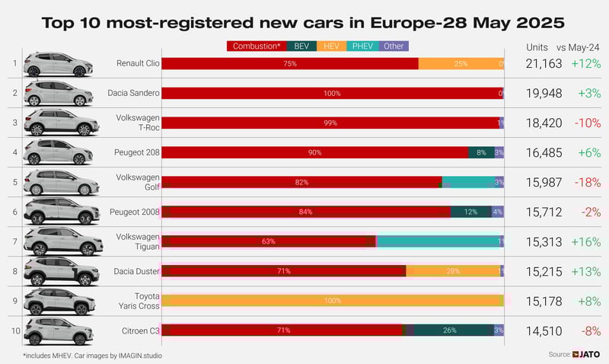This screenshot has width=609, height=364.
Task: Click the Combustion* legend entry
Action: (257, 46)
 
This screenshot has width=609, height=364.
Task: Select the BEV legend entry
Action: (301, 46)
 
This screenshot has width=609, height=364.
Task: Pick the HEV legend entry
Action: (332, 46)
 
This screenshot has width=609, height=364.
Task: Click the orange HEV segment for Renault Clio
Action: (459, 63)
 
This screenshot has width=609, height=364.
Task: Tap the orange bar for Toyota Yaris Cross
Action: (333, 301)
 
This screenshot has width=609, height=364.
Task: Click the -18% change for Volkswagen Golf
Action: (586, 182)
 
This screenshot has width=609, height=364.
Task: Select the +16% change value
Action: (585, 241)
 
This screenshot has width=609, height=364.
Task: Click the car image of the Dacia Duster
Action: (61, 271)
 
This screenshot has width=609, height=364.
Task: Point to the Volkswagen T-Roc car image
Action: (61, 123)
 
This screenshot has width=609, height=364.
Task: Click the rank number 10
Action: (14, 330)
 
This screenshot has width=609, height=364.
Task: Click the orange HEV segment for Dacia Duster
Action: (453, 271)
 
